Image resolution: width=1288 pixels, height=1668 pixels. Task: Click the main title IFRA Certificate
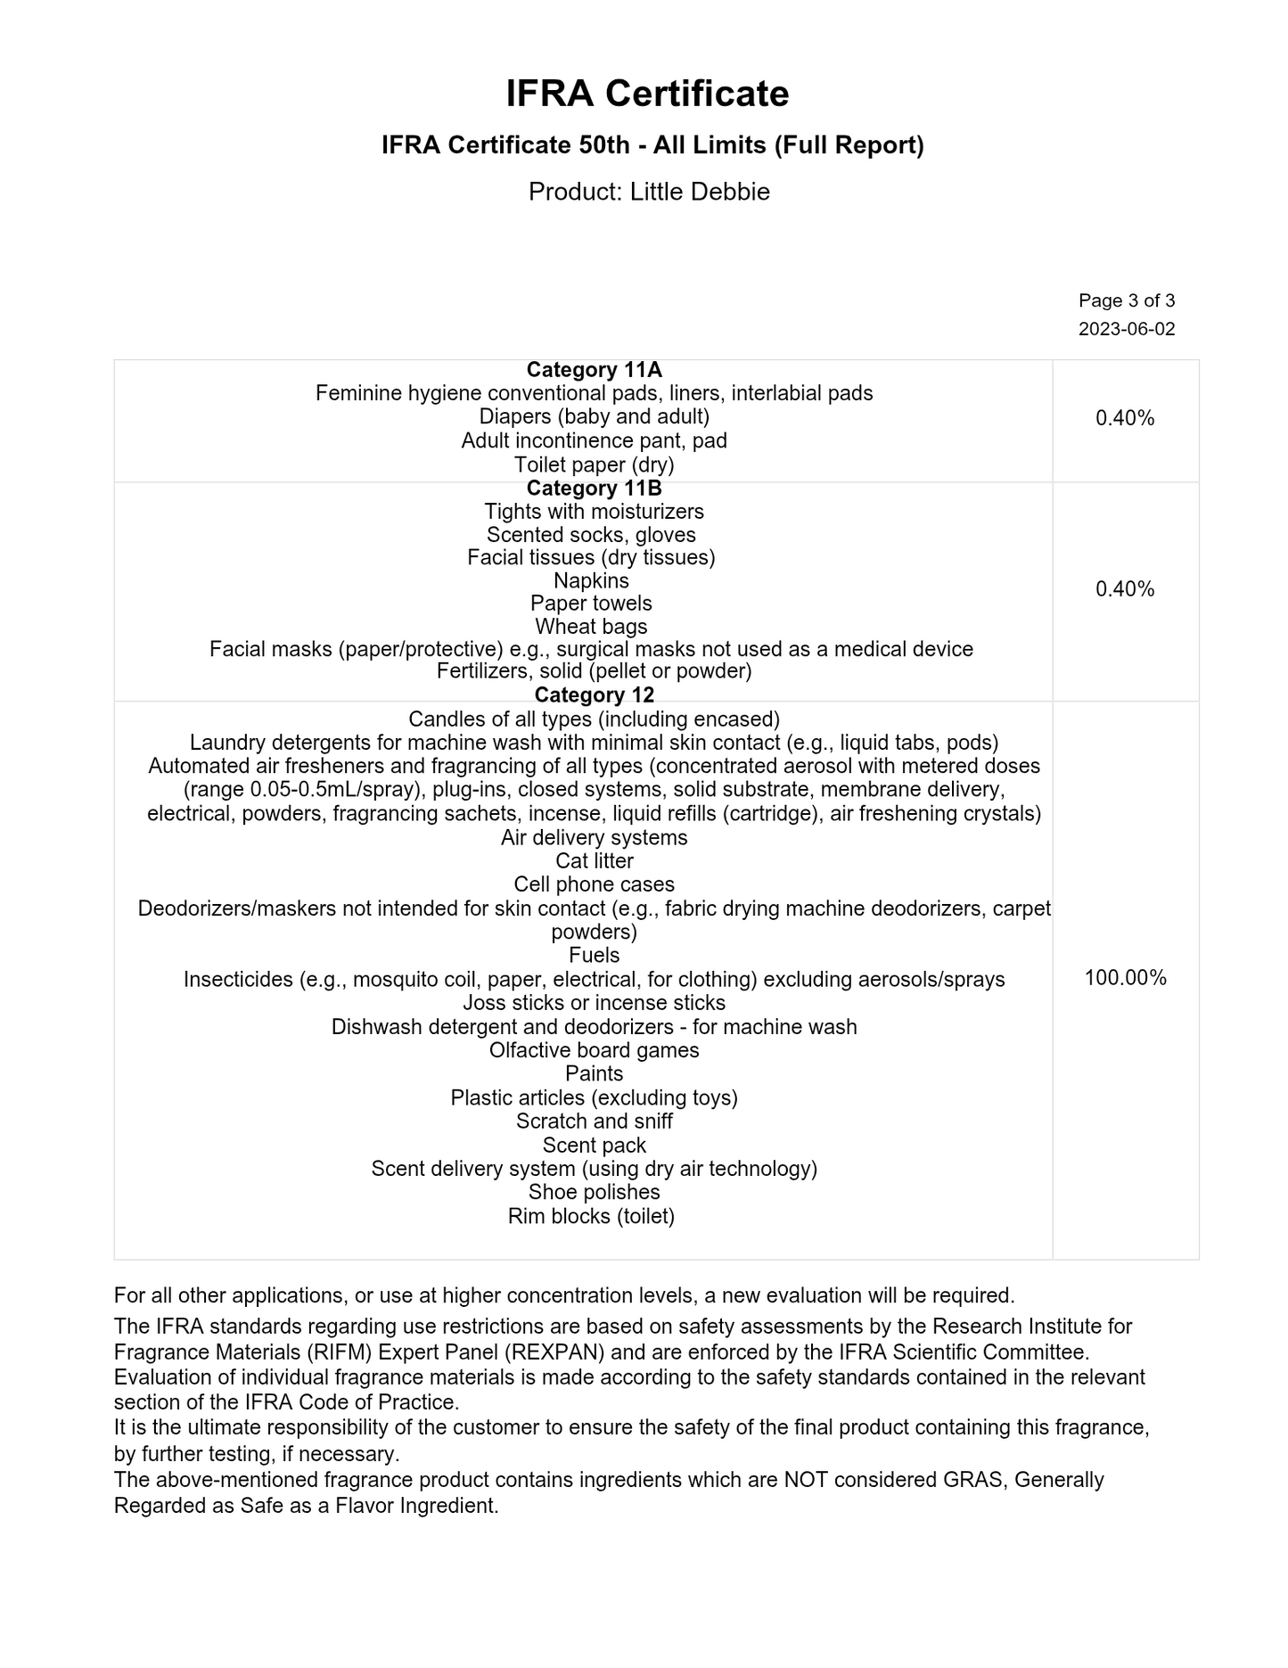(647, 94)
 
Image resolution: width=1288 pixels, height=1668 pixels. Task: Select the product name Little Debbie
(700, 192)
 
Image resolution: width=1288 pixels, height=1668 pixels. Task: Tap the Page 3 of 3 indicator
(1127, 300)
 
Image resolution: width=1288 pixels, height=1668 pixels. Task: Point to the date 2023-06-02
(1127, 329)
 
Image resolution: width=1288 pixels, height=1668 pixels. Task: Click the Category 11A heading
(594, 370)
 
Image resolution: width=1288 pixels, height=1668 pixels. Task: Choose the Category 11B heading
(594, 489)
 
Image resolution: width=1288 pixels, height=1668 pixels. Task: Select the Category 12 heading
(594, 695)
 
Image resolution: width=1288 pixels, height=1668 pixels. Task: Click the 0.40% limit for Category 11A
(1125, 418)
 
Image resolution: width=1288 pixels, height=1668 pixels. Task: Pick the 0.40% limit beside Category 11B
(1125, 589)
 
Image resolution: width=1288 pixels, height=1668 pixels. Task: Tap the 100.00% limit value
(1125, 978)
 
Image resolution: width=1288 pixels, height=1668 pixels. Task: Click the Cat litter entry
(594, 861)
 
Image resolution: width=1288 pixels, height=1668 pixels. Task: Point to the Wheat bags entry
(591, 627)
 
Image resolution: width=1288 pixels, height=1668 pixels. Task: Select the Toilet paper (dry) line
(594, 464)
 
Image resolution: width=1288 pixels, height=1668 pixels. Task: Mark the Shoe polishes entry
(594, 1192)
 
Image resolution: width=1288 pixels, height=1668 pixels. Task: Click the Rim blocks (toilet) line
(591, 1216)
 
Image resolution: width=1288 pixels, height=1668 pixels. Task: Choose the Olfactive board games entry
(594, 1050)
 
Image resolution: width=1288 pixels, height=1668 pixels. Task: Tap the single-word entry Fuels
(594, 956)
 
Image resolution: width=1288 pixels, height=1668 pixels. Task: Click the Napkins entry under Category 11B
(591, 580)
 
